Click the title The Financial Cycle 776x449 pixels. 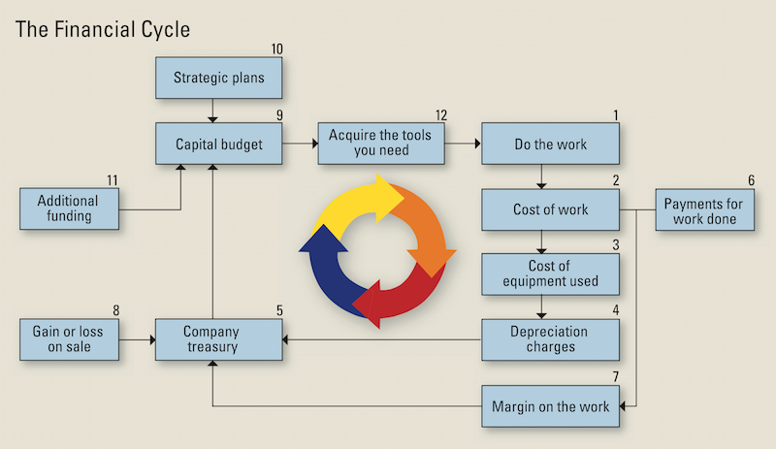tap(102, 29)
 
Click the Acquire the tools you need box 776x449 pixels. tap(381, 144)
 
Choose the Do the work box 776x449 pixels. tap(550, 144)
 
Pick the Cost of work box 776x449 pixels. tap(550, 208)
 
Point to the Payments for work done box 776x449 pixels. tap(703, 209)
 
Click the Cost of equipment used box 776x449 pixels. tap(550, 273)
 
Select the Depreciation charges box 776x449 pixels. tap(550, 338)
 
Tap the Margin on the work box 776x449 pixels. tap(550, 406)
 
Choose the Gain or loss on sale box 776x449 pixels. tap(69, 338)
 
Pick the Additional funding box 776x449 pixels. tap(69, 208)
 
